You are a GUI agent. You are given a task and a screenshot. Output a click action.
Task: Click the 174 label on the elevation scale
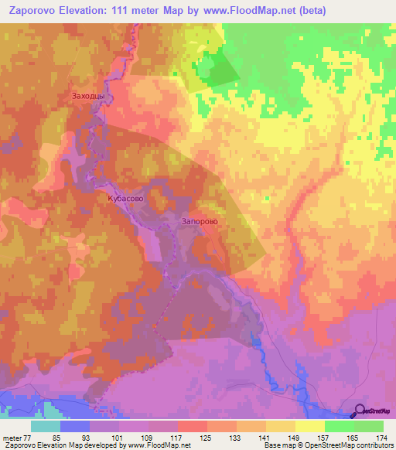click(381, 437)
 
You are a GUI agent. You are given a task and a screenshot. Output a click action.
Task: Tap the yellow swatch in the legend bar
click(309, 426)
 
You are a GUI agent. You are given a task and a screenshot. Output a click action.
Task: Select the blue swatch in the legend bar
click(75, 426)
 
